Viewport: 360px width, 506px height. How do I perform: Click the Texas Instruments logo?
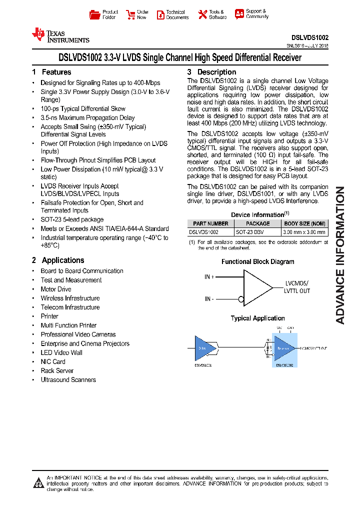click(60, 35)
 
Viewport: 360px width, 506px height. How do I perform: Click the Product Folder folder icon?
click(94, 15)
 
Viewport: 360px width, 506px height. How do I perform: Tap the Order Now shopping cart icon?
click(130, 15)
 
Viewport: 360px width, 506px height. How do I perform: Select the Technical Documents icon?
click(160, 15)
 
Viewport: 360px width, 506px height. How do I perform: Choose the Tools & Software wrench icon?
click(202, 15)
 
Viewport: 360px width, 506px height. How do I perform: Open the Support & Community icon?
click(239, 14)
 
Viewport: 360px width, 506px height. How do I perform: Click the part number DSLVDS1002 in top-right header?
click(310, 37)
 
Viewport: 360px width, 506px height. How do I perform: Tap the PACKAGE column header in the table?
click(258, 223)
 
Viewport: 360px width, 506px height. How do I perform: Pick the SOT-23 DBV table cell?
click(257, 232)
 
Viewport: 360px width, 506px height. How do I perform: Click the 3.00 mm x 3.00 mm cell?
click(304, 232)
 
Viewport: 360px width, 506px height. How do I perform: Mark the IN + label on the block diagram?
click(209, 277)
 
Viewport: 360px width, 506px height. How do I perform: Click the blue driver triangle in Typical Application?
click(204, 348)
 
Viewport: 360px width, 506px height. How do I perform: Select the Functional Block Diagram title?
click(257, 261)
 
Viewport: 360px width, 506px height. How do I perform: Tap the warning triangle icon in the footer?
click(38, 482)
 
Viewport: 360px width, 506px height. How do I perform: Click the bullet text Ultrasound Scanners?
click(68, 380)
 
